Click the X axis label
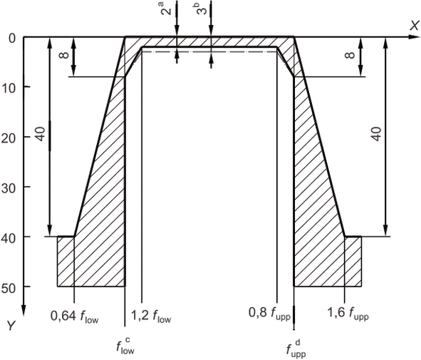(415, 26)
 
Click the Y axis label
(11, 326)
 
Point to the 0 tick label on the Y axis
(12, 38)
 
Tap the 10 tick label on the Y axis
(9, 88)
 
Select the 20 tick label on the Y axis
(9, 138)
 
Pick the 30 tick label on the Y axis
(9, 189)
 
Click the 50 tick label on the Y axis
(9, 289)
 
